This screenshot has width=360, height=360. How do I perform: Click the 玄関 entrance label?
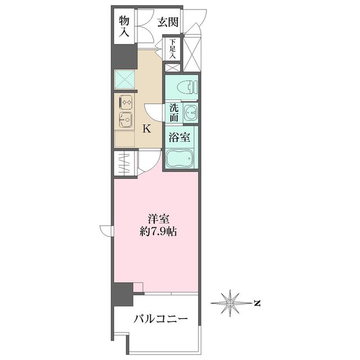(x=168, y=22)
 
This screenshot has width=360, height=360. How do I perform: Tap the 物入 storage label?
(x=125, y=26)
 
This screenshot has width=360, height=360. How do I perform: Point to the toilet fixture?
(x=185, y=87)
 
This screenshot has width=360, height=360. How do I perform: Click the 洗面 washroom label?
(x=173, y=112)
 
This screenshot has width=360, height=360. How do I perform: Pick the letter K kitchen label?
(x=146, y=129)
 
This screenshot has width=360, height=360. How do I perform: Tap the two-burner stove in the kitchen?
(x=125, y=102)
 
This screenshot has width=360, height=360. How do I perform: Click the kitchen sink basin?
(x=125, y=120)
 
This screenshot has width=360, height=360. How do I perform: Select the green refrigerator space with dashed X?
(x=125, y=79)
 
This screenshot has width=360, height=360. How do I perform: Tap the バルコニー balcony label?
(x=160, y=319)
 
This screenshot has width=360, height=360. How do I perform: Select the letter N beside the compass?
(x=256, y=304)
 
